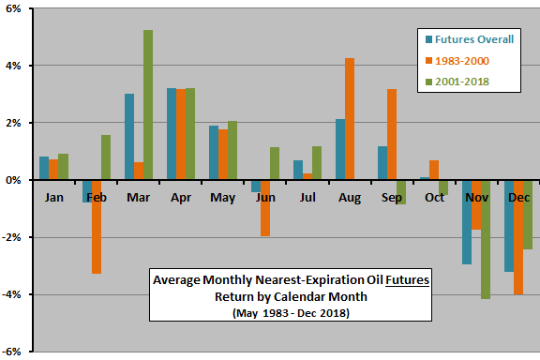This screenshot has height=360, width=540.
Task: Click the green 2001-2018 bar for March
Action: pos(148,105)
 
